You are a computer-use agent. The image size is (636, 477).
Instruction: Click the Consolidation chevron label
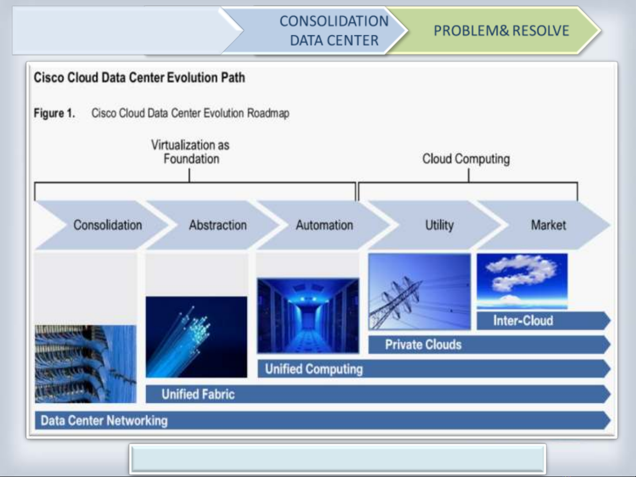click(x=108, y=225)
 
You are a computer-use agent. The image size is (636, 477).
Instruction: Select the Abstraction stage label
click(x=218, y=225)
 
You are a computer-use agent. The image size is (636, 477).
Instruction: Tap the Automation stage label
click(x=324, y=225)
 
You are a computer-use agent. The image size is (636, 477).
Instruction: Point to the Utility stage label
click(x=439, y=225)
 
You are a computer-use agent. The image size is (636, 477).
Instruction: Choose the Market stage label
click(x=548, y=225)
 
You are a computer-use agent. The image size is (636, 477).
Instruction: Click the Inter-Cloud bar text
click(x=523, y=321)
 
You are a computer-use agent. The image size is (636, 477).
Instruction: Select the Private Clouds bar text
click(x=423, y=345)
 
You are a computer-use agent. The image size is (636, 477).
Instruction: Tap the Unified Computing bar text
click(x=314, y=369)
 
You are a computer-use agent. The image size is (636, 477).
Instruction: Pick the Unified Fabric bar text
click(x=198, y=394)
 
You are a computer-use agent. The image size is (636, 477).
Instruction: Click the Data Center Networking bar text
click(x=104, y=421)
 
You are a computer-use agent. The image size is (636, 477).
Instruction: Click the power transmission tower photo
click(x=419, y=292)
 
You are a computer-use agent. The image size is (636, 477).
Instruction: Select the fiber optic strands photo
click(x=196, y=337)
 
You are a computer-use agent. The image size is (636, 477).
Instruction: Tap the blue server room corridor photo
click(x=308, y=315)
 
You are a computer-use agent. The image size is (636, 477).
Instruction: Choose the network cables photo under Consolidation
click(x=86, y=364)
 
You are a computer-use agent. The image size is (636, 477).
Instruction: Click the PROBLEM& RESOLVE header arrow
click(x=494, y=30)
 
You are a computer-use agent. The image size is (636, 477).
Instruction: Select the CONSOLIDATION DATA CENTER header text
click(x=334, y=30)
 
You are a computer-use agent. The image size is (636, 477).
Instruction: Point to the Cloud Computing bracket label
click(x=466, y=159)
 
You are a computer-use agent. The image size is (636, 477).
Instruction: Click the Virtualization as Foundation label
click(x=190, y=152)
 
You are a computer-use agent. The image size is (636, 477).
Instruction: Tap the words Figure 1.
click(x=54, y=113)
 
